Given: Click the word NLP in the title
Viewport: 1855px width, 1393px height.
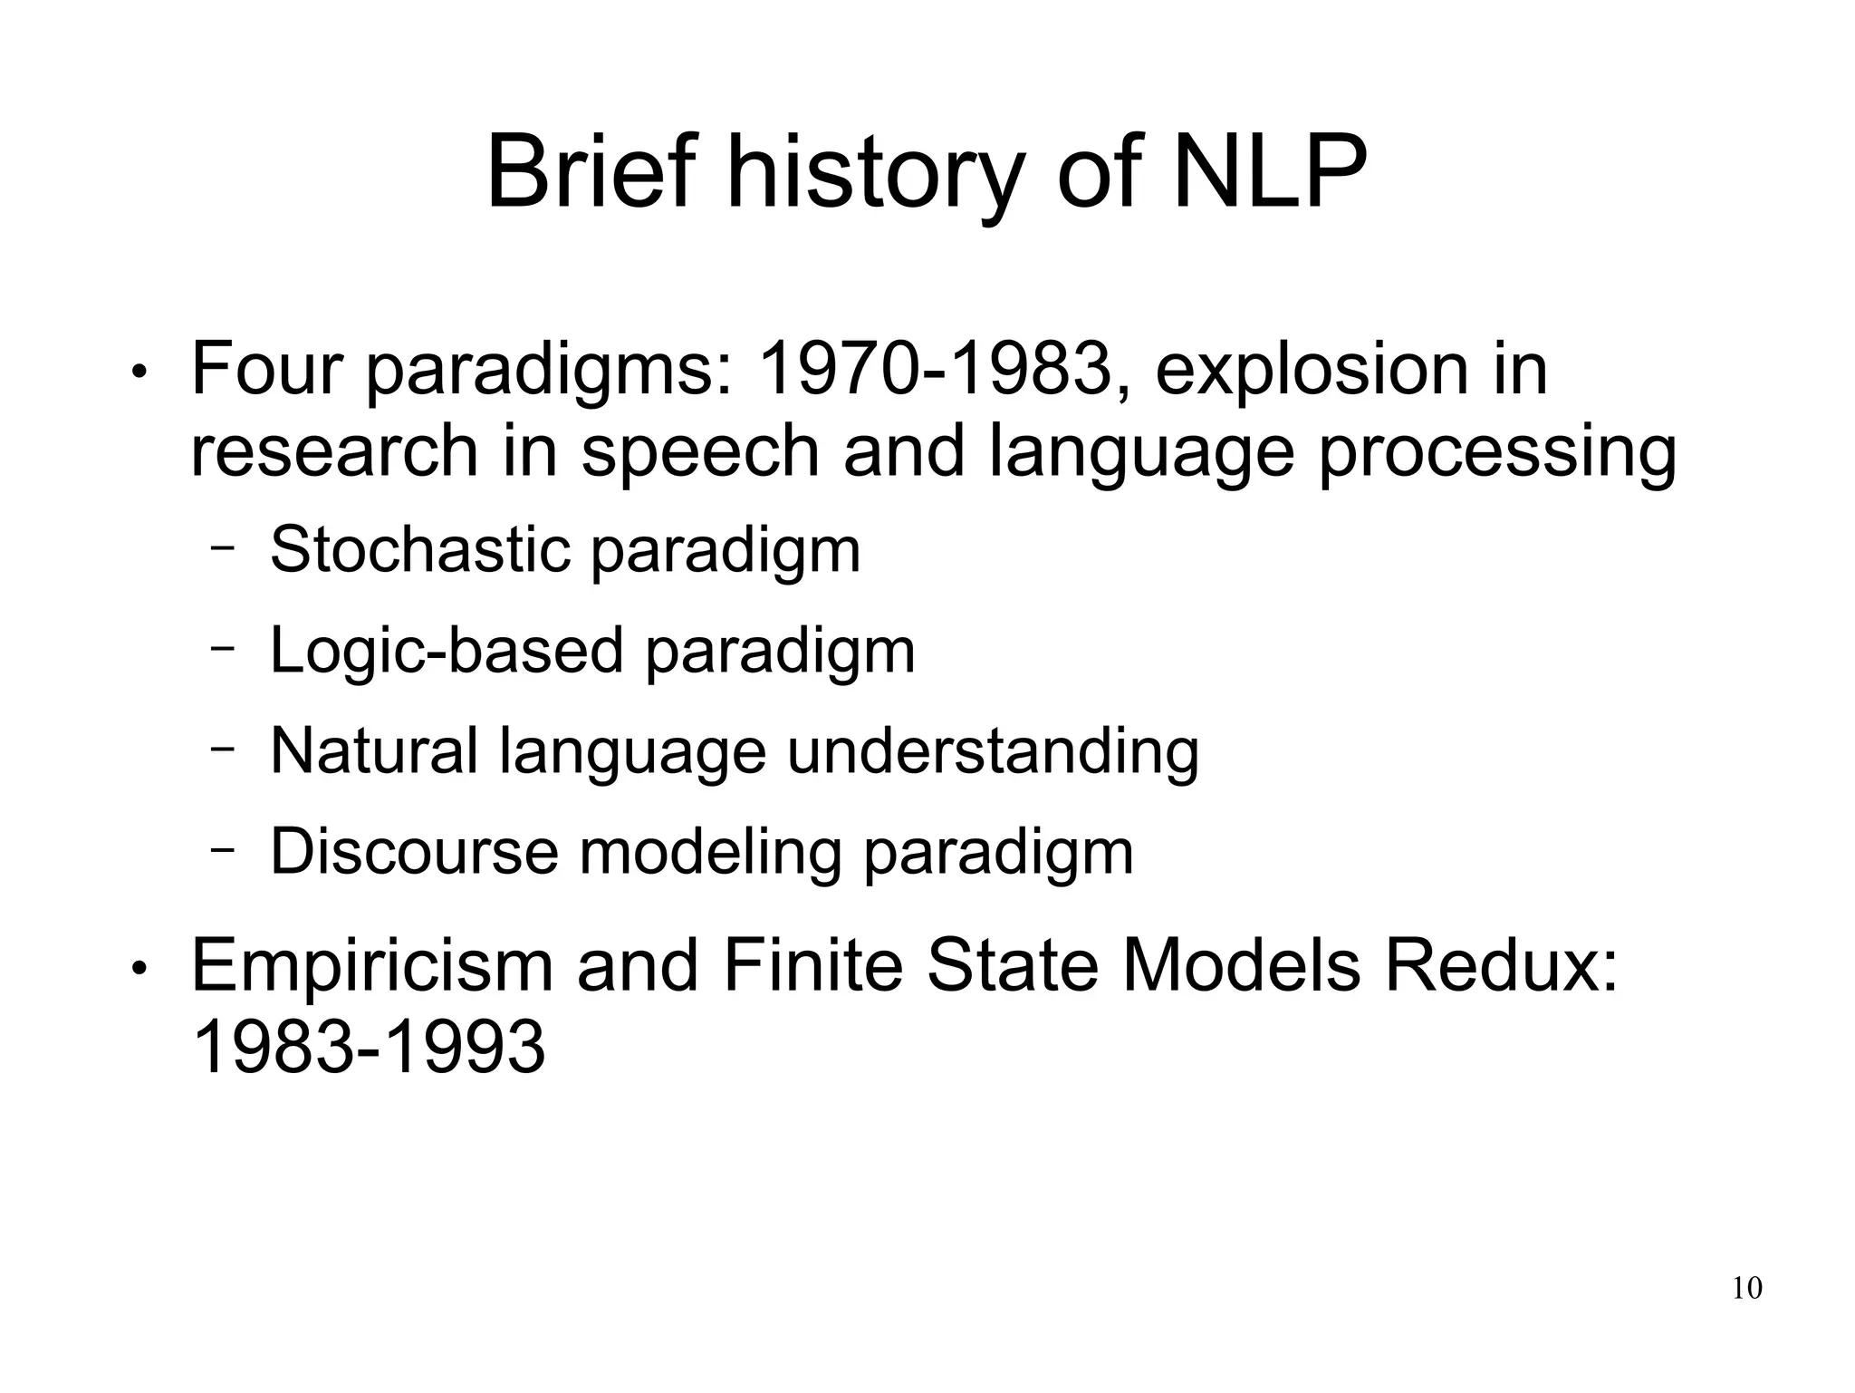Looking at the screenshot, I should [1269, 172].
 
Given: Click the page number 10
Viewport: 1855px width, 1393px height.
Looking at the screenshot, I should [1747, 1288].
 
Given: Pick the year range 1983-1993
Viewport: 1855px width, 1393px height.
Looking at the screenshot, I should [370, 1048].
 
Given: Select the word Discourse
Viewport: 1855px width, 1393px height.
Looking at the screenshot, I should [415, 851].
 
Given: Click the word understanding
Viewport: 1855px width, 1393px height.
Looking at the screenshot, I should [993, 751].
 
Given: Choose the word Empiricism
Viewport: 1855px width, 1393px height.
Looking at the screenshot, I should [372, 966].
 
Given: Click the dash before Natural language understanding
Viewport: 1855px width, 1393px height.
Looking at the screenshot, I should [223, 749].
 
